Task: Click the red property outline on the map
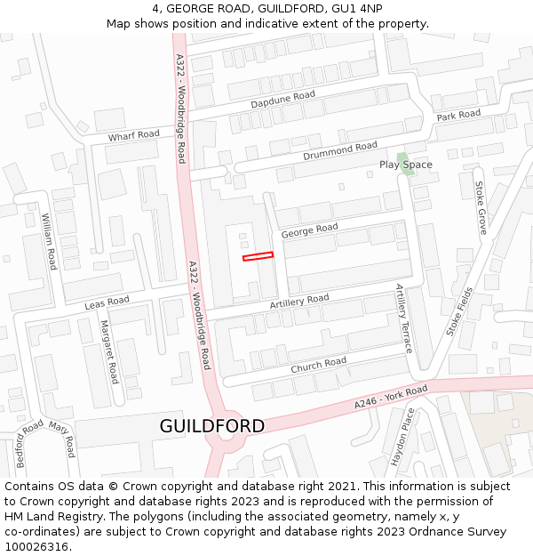(x=258, y=256)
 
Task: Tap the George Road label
(x=309, y=230)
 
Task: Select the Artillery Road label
(x=299, y=302)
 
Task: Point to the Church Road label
(x=318, y=365)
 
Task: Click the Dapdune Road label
(x=282, y=100)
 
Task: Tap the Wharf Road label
(x=133, y=135)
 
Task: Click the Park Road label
(x=458, y=115)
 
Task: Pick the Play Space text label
(x=405, y=165)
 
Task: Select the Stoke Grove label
(x=481, y=207)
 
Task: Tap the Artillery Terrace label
(x=404, y=318)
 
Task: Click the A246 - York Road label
(x=391, y=398)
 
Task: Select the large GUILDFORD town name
(x=212, y=426)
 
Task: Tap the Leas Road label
(x=107, y=303)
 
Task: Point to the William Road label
(x=49, y=241)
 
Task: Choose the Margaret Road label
(x=108, y=352)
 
